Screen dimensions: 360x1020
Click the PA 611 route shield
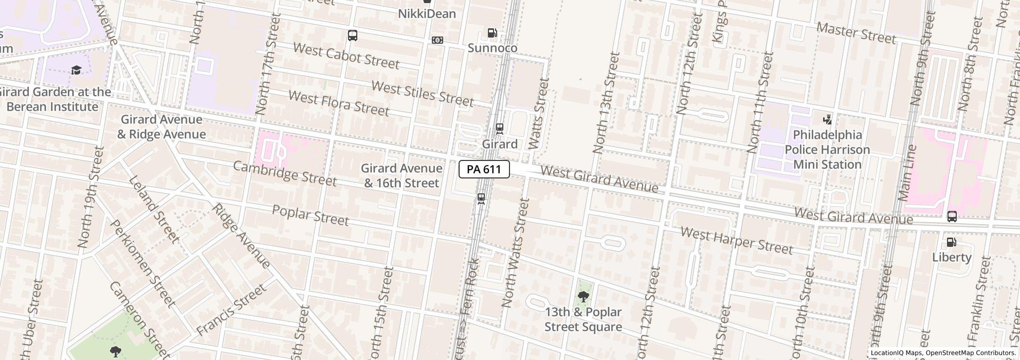[484, 169]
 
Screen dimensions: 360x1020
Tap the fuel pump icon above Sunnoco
[492, 33]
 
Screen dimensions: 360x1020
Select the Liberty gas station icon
[952, 242]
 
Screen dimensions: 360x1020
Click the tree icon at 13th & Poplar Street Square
[583, 297]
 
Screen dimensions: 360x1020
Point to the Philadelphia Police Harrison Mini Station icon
[827, 120]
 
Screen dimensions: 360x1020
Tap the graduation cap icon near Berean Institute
[76, 70]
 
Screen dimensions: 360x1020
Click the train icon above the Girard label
[499, 128]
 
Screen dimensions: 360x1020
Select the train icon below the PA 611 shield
[481, 199]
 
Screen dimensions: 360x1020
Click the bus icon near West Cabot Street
[352, 35]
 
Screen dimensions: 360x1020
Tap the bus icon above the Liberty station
[952, 217]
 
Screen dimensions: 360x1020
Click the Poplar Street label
[310, 215]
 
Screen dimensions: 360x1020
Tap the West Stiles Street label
[422, 94]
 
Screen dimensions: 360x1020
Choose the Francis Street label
[231, 310]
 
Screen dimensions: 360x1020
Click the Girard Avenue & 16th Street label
[401, 175]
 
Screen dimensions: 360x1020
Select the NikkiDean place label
[427, 14]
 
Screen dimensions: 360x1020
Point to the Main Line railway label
[907, 173]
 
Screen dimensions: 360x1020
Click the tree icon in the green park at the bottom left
[116, 352]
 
